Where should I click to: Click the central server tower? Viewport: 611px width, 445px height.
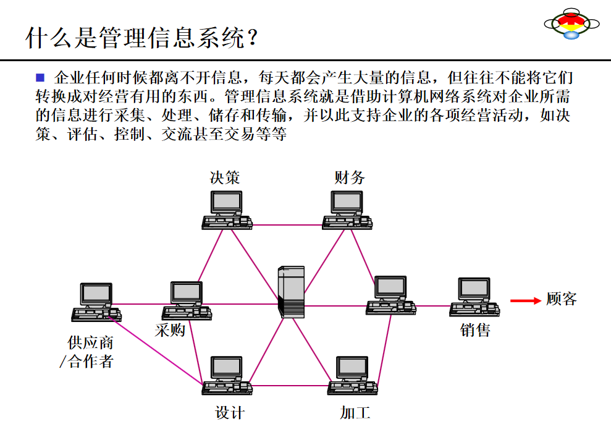291,292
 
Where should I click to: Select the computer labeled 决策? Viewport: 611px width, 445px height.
226,210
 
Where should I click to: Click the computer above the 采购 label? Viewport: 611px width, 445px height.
187,300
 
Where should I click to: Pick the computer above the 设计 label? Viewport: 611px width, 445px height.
227,375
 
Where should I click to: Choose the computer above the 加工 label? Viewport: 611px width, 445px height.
352,375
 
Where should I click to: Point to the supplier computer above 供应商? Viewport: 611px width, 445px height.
96,302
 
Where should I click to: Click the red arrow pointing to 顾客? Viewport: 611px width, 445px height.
525,301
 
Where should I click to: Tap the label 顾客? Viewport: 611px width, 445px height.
562,299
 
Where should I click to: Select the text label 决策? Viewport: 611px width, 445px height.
225,178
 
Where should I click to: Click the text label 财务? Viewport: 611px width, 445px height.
350,178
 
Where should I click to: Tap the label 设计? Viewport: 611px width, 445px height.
230,413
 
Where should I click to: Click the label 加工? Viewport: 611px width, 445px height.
355,413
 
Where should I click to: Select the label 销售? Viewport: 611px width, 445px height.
475,331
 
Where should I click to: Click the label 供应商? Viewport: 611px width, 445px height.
91,343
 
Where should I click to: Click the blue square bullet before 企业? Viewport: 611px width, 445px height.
41,77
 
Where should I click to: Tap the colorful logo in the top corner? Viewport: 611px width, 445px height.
571,23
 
